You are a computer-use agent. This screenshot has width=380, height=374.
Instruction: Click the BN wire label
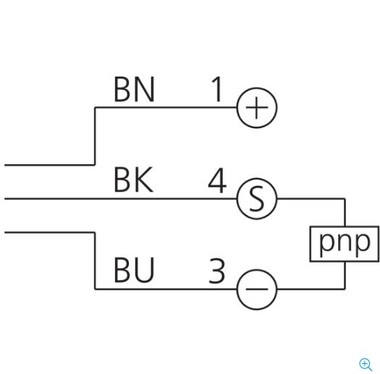[134, 89]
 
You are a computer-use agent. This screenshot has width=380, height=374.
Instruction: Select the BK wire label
[133, 179]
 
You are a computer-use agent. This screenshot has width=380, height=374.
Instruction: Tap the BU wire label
[134, 270]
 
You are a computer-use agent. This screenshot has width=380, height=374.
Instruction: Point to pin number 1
[216, 89]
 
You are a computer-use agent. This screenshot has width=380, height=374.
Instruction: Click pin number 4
[217, 180]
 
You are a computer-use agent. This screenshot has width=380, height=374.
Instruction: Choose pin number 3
[217, 271]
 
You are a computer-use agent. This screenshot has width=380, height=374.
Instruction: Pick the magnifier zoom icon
[366, 365]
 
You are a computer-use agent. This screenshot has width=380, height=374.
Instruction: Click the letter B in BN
[122, 89]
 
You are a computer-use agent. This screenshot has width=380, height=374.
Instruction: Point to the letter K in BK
[144, 179]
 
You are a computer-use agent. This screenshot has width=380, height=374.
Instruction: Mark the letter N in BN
[144, 89]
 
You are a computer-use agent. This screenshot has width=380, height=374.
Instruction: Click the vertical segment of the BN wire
[95, 136]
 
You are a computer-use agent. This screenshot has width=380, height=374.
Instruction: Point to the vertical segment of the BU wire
[95, 260]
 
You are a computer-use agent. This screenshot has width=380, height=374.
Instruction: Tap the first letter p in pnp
[325, 245]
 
